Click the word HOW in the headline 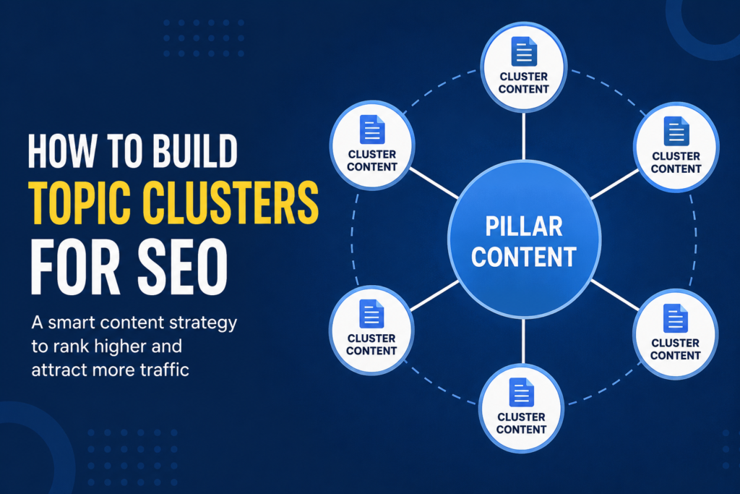(61, 151)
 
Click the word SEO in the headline (183, 267)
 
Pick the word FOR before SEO (75, 267)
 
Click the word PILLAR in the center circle (524, 226)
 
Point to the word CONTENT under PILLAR (524, 257)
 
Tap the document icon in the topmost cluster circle (524, 51)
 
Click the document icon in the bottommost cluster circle (522, 392)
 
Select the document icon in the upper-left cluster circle (372, 129)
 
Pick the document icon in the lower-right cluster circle (676, 318)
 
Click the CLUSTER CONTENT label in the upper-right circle (676, 163)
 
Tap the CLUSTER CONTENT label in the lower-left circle (371, 344)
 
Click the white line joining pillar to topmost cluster (524, 136)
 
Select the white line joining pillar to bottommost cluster (523, 341)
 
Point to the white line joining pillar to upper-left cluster (434, 183)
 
